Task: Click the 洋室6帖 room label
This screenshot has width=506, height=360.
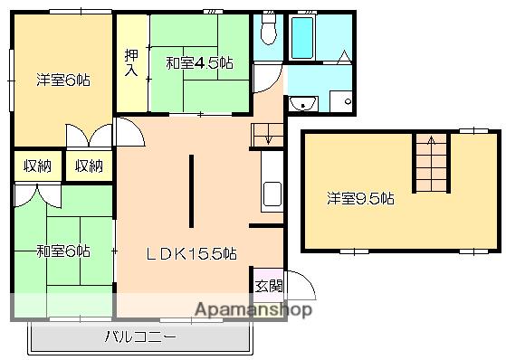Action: (x=63, y=80)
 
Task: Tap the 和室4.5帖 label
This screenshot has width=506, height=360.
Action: (x=199, y=62)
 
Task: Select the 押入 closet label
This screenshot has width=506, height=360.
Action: (x=131, y=62)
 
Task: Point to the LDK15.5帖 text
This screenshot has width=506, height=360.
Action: (x=192, y=253)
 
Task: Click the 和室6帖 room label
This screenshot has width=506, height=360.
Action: (x=63, y=251)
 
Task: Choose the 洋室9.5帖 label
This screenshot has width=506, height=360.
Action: (x=360, y=198)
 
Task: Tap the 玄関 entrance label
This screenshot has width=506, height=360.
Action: (x=269, y=286)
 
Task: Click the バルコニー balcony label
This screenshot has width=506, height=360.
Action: (x=140, y=336)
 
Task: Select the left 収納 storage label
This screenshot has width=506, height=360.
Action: (x=37, y=166)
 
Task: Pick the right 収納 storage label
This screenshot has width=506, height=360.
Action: (x=89, y=166)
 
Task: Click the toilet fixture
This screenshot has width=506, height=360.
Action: (x=269, y=28)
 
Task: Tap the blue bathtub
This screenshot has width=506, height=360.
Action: (x=302, y=37)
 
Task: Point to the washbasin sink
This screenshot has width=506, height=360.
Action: (x=302, y=103)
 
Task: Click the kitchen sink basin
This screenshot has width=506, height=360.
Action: (x=272, y=194)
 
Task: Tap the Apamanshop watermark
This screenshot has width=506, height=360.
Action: (x=253, y=309)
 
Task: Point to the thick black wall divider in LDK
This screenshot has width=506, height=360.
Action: (x=191, y=191)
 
